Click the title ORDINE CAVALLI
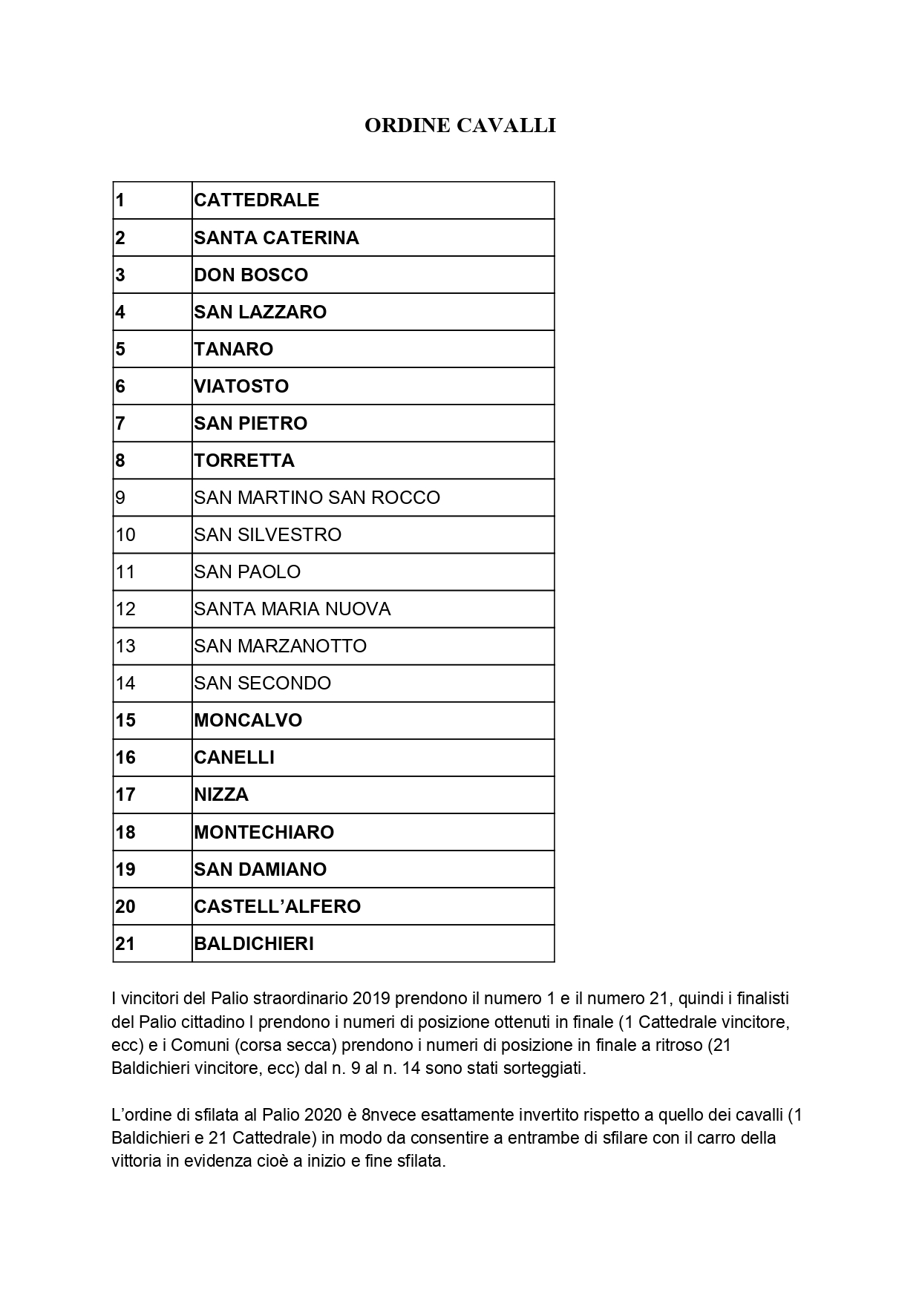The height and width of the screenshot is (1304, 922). tap(460, 126)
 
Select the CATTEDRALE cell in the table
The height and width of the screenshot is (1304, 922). tap(257, 200)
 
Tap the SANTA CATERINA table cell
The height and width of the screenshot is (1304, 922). tap(276, 237)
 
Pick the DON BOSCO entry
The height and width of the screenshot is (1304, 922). tap(251, 275)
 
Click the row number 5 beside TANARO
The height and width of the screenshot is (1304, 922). tap(120, 349)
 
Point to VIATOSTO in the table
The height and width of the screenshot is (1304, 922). tap(241, 386)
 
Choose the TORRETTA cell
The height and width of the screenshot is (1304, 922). tap(244, 460)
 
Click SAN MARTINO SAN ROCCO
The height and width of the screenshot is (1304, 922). tap(317, 497)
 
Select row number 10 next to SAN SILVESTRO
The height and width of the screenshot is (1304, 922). tap(125, 534)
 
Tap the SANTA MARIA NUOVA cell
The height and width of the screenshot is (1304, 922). tap(292, 609)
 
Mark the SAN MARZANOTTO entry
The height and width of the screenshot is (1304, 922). tap(280, 646)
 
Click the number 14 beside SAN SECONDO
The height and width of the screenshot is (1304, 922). tap(125, 683)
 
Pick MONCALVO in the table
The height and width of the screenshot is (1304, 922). tap(248, 720)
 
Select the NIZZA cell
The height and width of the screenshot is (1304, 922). tap(221, 794)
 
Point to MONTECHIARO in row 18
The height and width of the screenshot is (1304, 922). tap(264, 832)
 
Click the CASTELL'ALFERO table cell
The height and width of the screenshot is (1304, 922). tap(277, 906)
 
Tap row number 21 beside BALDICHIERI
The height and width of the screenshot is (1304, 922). tap(125, 943)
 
